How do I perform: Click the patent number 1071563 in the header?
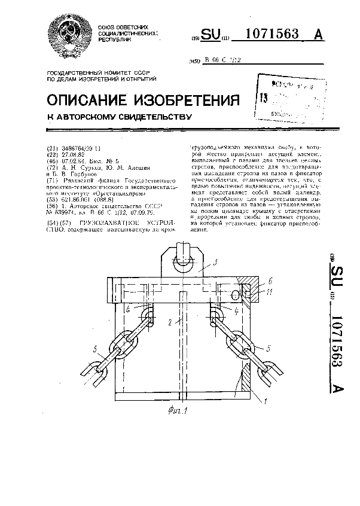[x=273, y=35]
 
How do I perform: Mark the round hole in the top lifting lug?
[x=182, y=261]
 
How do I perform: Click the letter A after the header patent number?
[x=318, y=35]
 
